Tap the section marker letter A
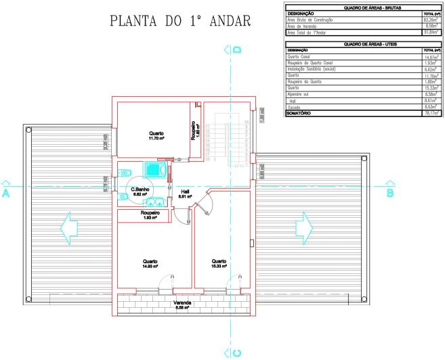pos(6,193)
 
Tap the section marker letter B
pos(389,193)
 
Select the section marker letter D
pos(237,49)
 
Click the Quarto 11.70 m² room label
pos(156,136)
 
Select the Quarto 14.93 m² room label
pos(150,264)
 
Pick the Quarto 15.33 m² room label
pos(218,263)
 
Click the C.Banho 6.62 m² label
pos(140,191)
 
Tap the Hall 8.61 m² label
pos(184,194)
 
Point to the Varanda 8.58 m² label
pos(184,305)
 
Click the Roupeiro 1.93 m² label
pos(150,215)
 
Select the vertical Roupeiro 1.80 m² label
pos(195,130)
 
